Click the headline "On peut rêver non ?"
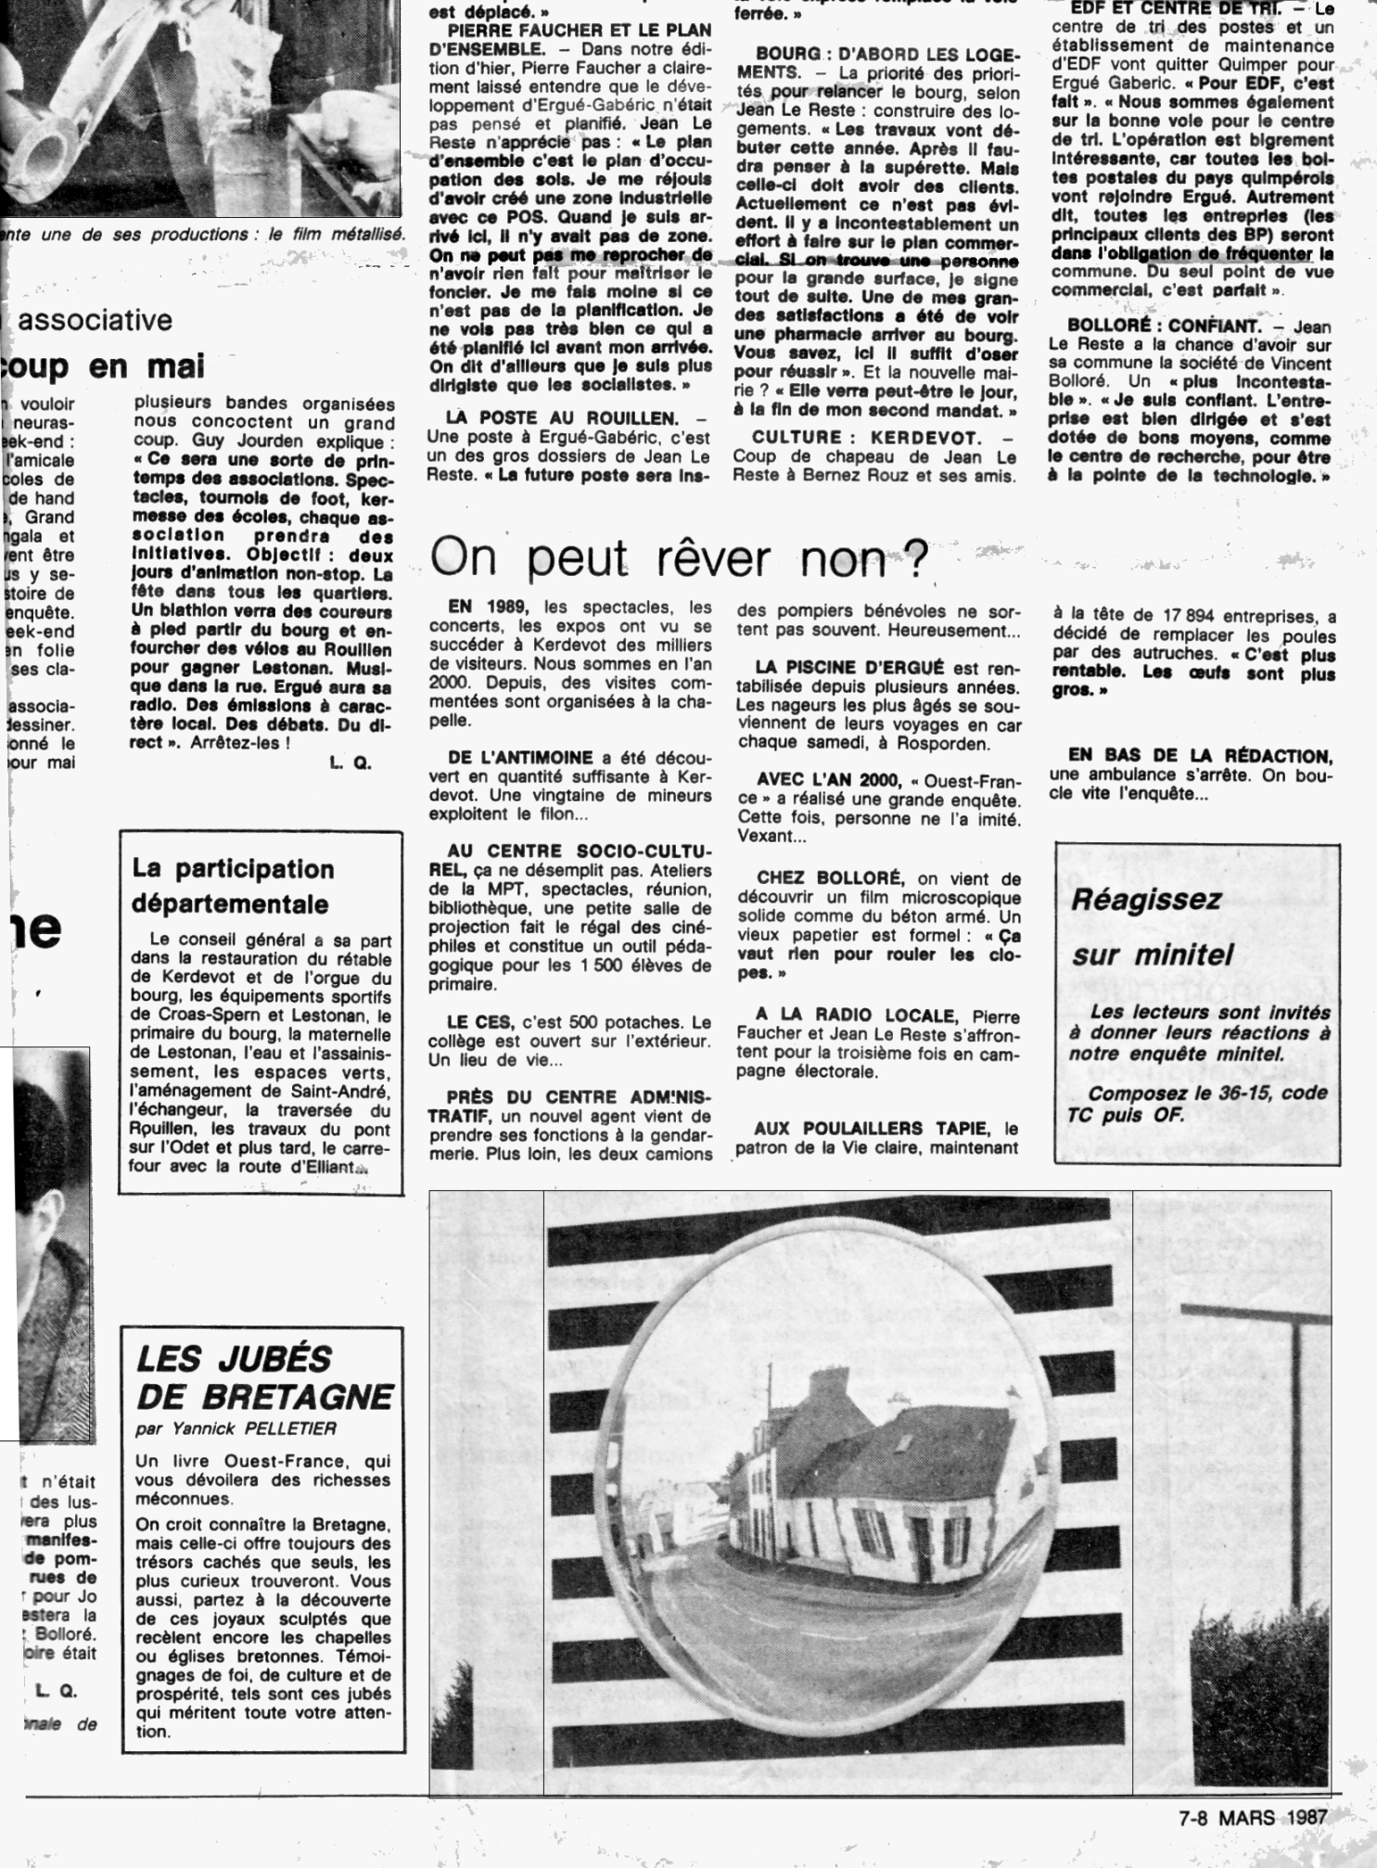tap(680, 559)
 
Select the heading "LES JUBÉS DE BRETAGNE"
tap(264, 1377)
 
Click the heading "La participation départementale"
tap(232, 886)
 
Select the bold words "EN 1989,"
tap(488, 608)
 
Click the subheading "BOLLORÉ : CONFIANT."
tap(1164, 326)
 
